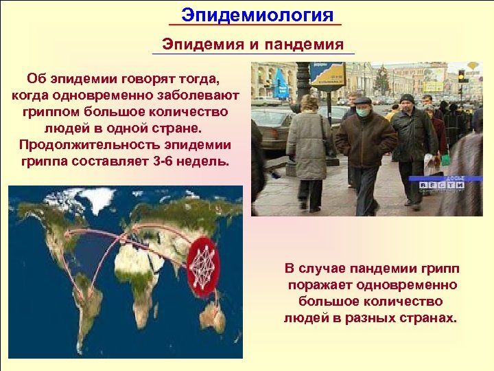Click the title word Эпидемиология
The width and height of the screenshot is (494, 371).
(x=257, y=15)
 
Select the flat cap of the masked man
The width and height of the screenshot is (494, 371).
(x=363, y=101)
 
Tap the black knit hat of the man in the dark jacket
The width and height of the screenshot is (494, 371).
(x=407, y=98)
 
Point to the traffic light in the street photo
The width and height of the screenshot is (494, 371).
(x=462, y=76)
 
